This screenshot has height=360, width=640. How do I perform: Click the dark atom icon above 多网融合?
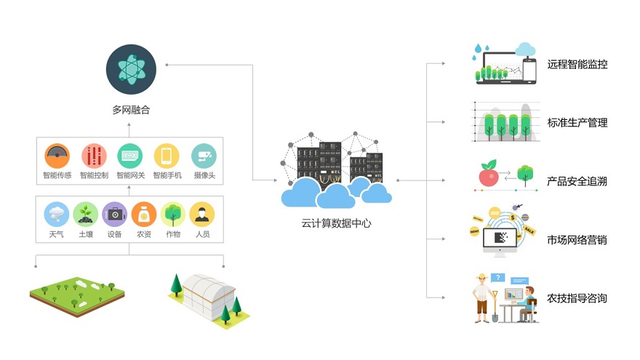click(131, 69)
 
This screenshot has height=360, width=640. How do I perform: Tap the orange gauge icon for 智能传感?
click(57, 156)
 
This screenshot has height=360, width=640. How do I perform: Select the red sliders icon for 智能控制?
click(94, 156)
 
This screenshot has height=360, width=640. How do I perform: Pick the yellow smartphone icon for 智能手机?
click(167, 156)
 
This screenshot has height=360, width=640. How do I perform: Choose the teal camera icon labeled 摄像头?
click(204, 156)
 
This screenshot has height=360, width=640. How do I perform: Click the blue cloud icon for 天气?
click(56, 215)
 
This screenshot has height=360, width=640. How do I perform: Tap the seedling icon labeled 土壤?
click(85, 215)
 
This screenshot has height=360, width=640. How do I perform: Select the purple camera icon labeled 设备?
click(115, 215)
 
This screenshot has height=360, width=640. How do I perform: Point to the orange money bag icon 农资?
click(144, 215)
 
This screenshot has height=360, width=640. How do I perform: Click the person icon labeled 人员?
click(202, 215)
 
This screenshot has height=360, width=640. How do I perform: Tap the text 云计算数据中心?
click(336, 223)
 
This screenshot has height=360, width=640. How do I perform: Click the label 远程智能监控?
click(577, 64)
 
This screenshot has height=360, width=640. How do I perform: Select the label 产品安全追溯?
click(577, 181)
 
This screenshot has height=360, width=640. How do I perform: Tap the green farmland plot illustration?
click(77, 296)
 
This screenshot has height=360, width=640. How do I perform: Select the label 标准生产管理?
click(577, 122)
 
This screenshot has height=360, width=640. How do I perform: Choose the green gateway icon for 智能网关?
click(129, 156)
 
